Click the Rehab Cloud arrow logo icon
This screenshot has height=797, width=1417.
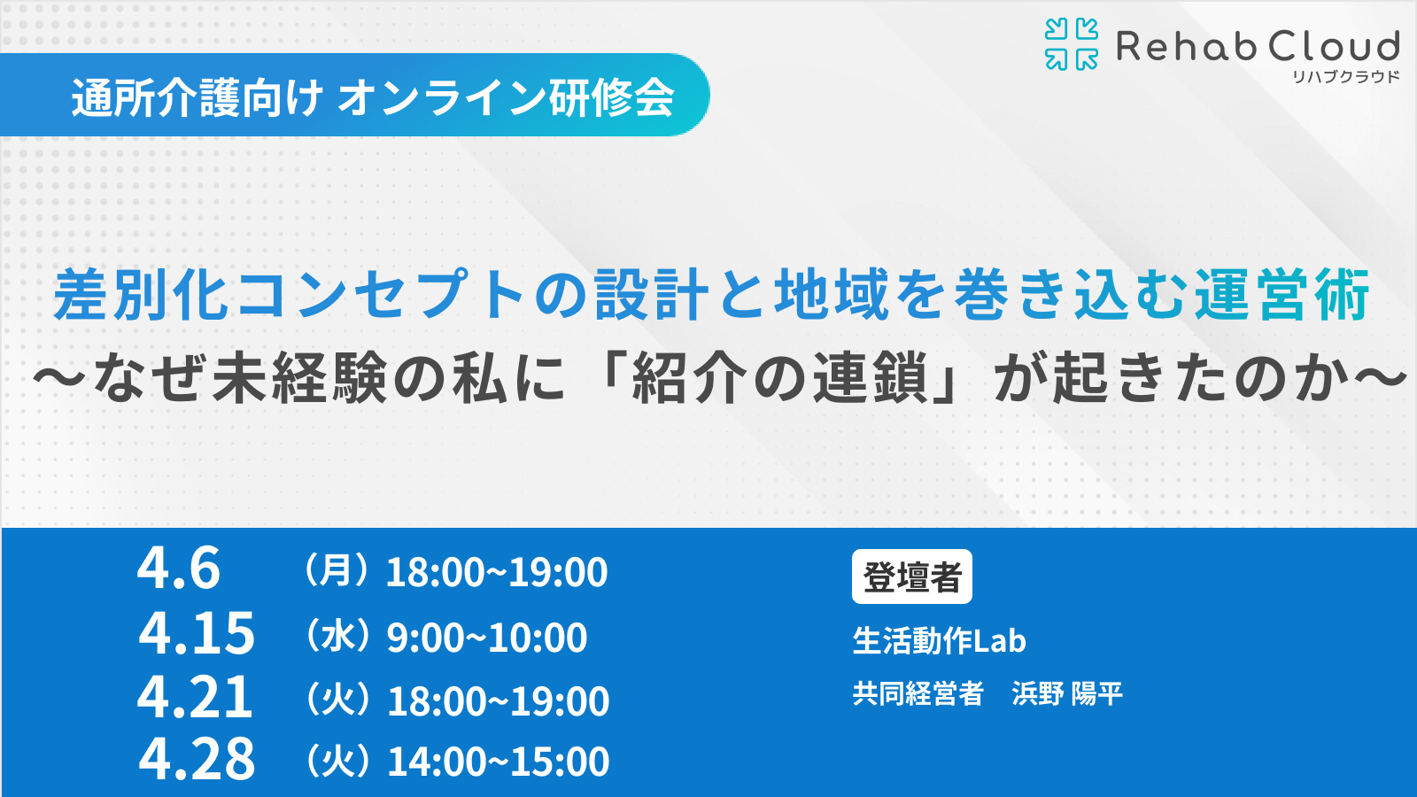pos(1071,44)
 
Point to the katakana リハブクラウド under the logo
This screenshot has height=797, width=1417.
pos(1345,77)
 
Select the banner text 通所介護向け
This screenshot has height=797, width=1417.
pos(197,98)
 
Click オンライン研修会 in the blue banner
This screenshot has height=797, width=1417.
pos(506,98)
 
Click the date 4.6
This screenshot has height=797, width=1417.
pos(179,568)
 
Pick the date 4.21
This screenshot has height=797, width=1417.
pos(195,696)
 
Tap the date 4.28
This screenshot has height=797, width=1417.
pos(197,758)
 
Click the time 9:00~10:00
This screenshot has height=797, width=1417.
pos(487,637)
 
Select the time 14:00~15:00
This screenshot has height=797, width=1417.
pos(499,761)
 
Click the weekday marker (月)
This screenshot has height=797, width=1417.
pos(336,570)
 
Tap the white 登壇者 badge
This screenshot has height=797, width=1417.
pos(911,576)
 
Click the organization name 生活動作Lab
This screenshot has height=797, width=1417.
pos(939,641)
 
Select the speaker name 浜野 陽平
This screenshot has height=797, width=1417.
pos(1067,694)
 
